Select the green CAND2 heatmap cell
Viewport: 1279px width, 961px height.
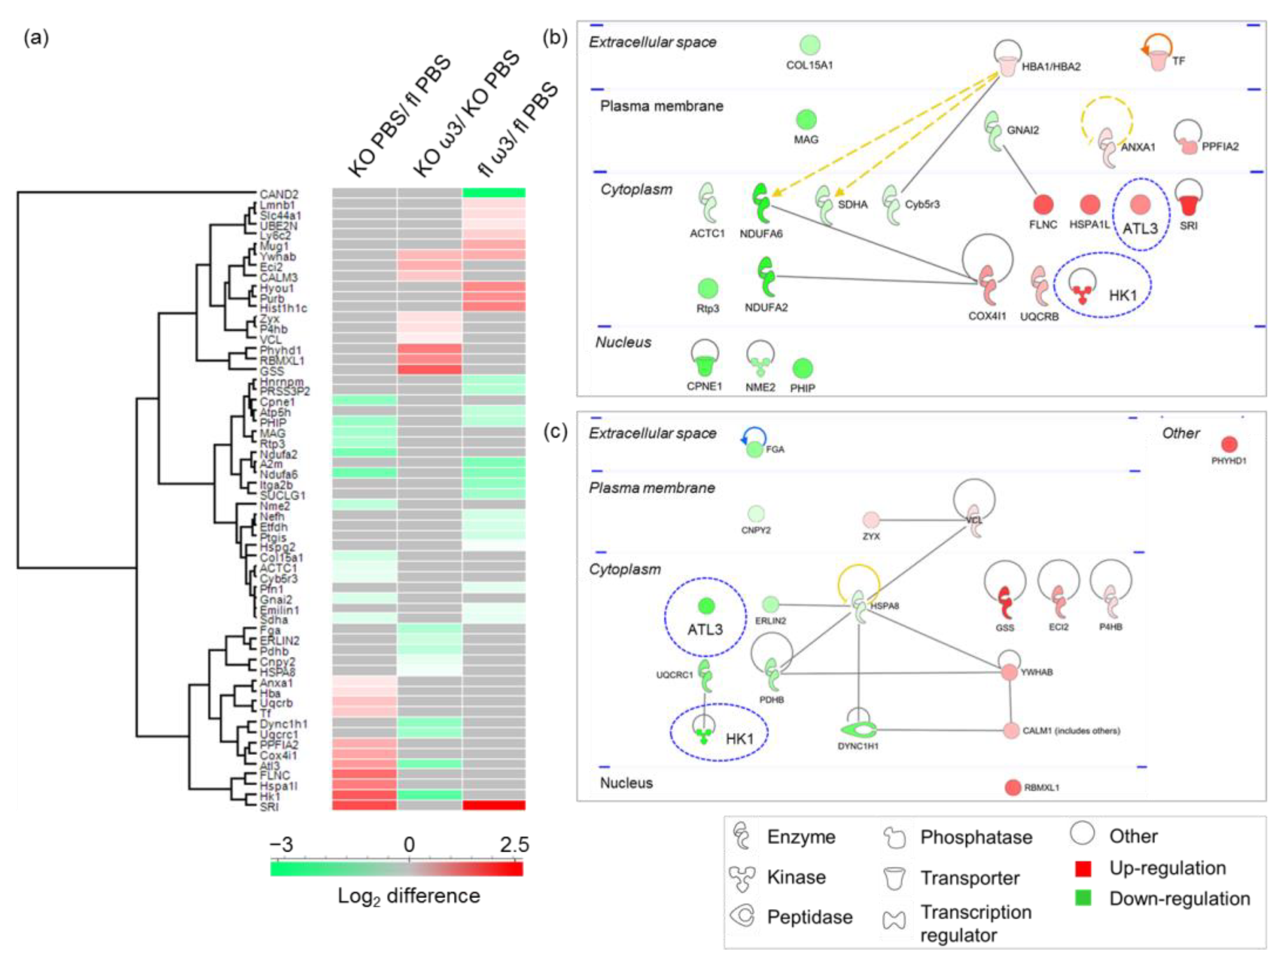493,193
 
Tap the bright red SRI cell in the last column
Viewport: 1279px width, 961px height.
493,805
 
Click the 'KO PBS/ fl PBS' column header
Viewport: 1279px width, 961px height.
399,116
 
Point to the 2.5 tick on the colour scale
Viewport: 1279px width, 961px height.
514,845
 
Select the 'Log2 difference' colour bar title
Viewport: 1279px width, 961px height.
409,896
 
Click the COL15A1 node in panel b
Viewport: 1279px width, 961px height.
810,45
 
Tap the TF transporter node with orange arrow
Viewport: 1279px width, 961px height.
1158,59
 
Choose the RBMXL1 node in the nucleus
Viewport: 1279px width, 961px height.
1012,787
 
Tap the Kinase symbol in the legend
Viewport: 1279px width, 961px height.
742,877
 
